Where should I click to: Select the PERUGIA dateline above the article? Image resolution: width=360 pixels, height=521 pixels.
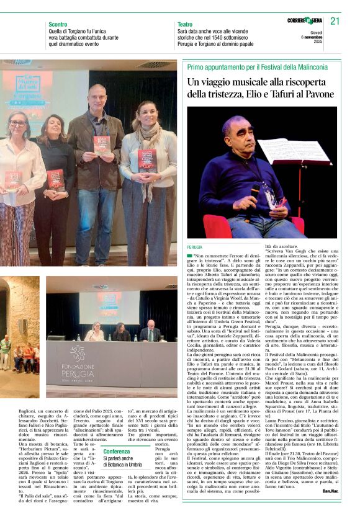194,246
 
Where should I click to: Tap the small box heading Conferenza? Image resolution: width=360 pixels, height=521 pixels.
117,451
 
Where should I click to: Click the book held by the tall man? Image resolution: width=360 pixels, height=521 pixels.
101,145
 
